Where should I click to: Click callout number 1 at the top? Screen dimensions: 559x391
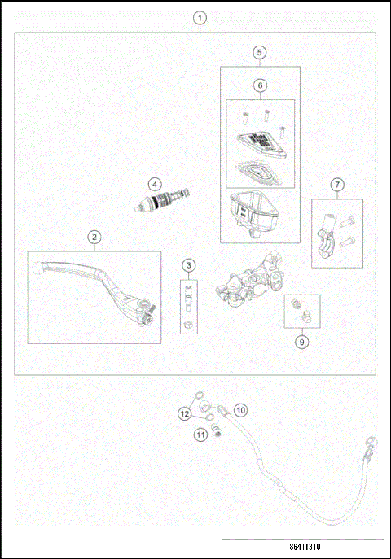pos(200,17)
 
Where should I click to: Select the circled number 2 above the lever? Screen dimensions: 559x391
pos(95,237)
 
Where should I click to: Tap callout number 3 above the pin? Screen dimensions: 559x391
pos(188,264)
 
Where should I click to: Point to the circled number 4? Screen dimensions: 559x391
pos(152,184)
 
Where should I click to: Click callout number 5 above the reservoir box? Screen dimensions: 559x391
pos(260,52)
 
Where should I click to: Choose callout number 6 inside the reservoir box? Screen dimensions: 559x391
pos(260,85)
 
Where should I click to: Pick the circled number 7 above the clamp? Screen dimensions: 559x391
pos(336,185)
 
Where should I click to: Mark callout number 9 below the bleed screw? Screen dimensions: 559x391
pos(301,342)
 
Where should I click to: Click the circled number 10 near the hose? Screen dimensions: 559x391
pos(240,410)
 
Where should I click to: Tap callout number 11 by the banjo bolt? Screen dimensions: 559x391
pos(200,435)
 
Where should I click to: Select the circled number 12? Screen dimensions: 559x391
pos(184,414)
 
